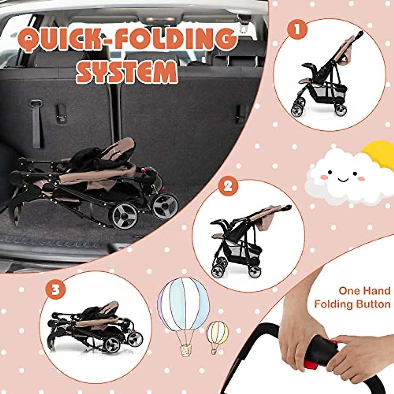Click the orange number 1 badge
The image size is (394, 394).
pos(297,29)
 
